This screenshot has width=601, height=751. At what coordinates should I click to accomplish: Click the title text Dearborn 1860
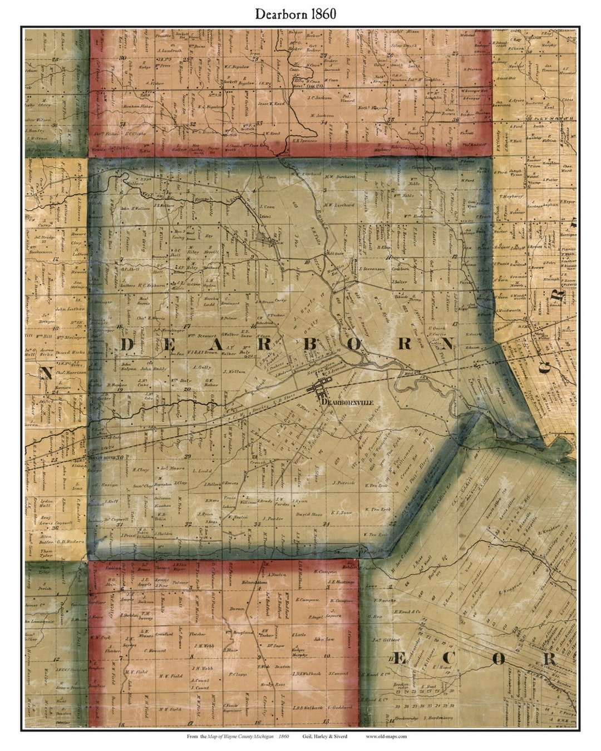(295, 14)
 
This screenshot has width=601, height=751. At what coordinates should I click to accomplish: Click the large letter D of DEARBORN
(127, 345)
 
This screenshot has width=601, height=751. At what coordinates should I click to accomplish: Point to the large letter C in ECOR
(449, 658)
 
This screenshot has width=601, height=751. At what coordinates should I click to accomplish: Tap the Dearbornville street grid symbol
(322, 387)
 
